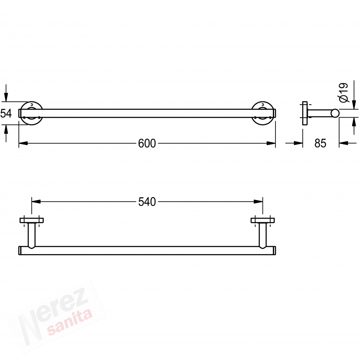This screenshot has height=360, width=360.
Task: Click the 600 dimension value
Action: [147, 144]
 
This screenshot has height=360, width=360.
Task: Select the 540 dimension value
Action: [147, 202]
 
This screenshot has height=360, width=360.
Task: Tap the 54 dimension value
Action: [6, 113]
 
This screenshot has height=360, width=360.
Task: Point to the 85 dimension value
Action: [320, 143]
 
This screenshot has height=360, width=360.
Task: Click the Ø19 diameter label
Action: [344, 93]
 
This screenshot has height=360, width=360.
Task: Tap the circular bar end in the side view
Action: [335, 113]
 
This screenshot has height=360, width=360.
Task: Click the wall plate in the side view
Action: [305, 113]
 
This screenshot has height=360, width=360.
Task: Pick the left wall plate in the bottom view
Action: [32, 221]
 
